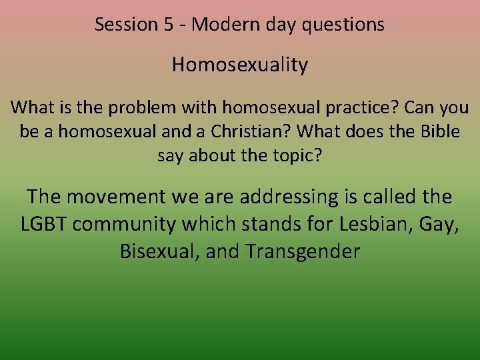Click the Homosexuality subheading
240,65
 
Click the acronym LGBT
44,224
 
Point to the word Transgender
303,252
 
